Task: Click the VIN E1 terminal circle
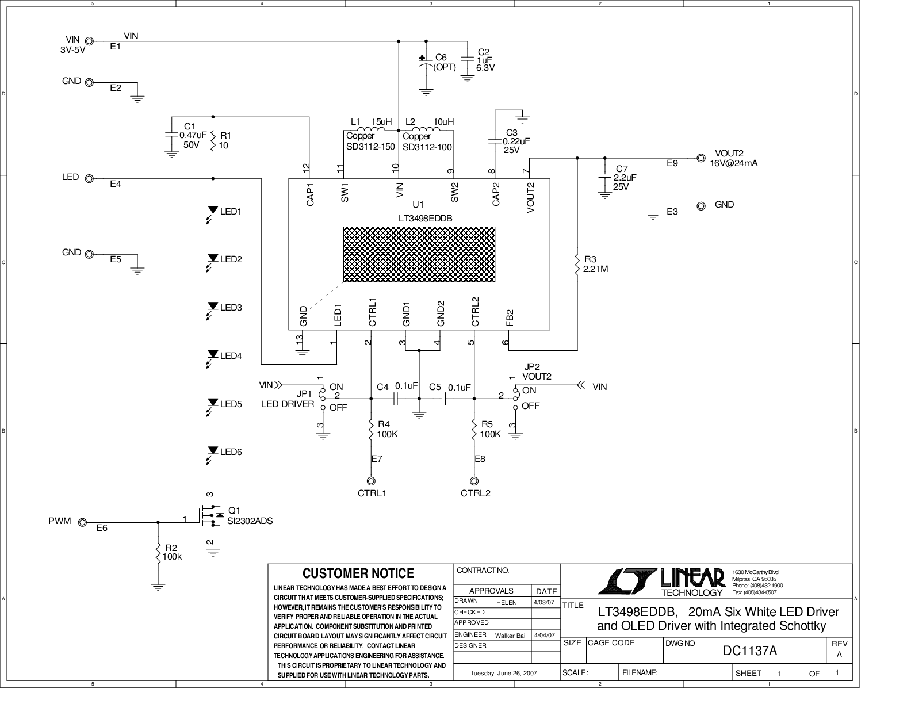coord(89,41)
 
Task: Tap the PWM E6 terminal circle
coord(83,522)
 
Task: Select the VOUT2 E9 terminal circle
coord(701,158)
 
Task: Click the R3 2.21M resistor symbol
coord(577,264)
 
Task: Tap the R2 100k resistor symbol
coord(158,553)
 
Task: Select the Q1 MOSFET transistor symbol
coord(211,518)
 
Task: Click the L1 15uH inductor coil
coord(369,129)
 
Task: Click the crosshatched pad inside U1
coord(419,254)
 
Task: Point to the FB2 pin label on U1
coord(510,317)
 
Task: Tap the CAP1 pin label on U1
coord(310,194)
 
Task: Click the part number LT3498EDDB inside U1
coord(425,219)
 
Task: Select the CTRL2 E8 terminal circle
coord(474,481)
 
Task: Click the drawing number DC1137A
coord(749,651)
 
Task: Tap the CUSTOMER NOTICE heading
coord(358,573)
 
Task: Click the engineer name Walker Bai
coord(510,636)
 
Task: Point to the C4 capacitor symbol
coord(395,399)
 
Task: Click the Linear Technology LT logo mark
coord(626,581)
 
